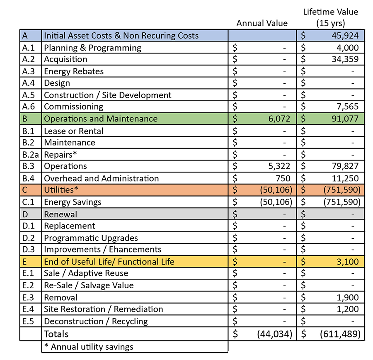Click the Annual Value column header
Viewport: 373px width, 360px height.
pyautogui.click(x=262, y=23)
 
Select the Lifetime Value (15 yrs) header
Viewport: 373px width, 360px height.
pyautogui.click(x=330, y=17)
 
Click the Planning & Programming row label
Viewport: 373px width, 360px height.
pyautogui.click(x=92, y=48)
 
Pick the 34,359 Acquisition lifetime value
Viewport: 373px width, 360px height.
pyautogui.click(x=345, y=59)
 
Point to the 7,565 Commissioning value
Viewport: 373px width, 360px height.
pyautogui.click(x=347, y=107)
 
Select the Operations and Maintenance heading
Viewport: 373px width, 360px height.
pyautogui.click(x=101, y=119)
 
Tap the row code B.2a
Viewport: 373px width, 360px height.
pyautogui.click(x=30, y=154)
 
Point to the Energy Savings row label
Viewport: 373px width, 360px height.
pyautogui.click(x=73, y=202)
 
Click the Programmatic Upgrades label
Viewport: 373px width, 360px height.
pyautogui.click(x=91, y=238)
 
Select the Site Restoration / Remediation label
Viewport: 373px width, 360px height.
pyautogui.click(x=103, y=309)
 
